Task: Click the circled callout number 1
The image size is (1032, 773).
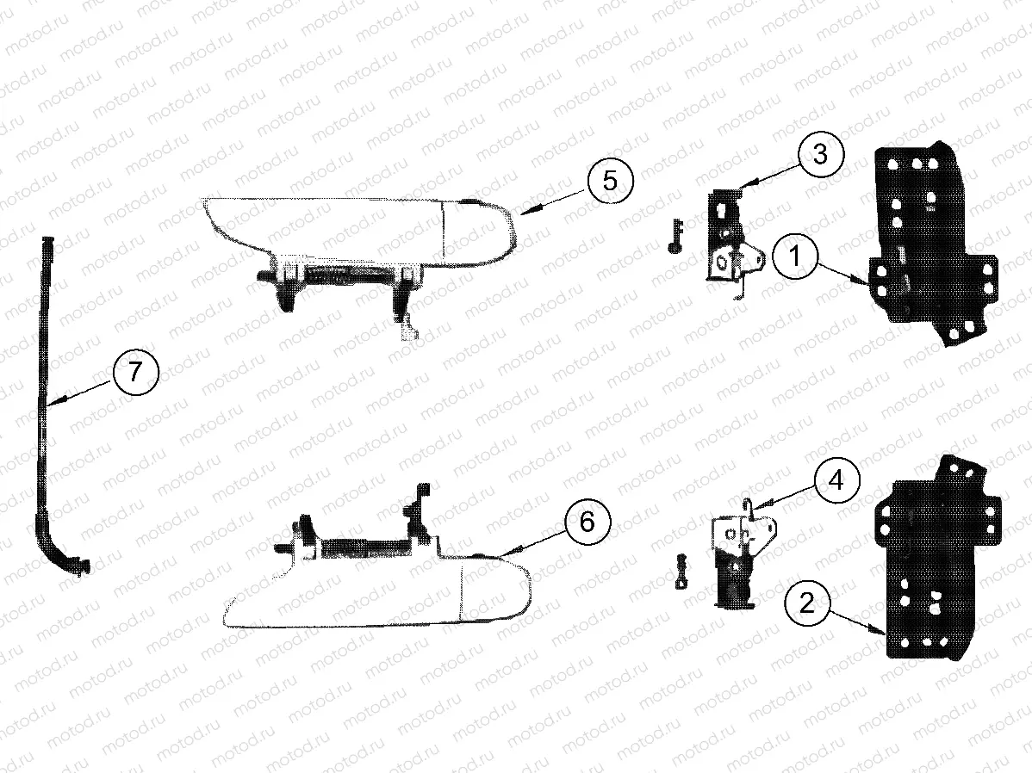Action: (x=794, y=256)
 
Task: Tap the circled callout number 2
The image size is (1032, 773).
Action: (x=806, y=603)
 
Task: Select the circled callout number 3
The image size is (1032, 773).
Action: (x=820, y=155)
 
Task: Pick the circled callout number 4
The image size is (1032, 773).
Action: (x=836, y=481)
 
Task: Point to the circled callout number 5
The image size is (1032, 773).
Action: (x=610, y=180)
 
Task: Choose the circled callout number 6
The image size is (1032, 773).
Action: (x=587, y=522)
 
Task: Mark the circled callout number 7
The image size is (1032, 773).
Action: (x=135, y=372)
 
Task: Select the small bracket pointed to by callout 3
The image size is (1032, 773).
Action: (x=730, y=247)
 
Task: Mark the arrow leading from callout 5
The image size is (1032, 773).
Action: (x=554, y=200)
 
